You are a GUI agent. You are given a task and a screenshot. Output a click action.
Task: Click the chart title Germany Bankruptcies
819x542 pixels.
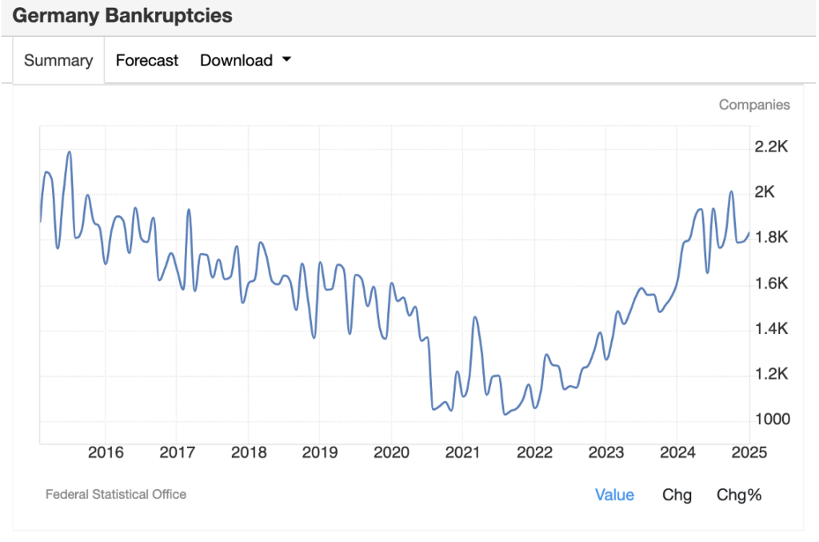[x=122, y=15]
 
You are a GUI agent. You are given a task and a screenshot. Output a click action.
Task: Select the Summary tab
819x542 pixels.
[x=58, y=60]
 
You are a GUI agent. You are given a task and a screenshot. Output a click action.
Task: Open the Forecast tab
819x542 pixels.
[x=147, y=60]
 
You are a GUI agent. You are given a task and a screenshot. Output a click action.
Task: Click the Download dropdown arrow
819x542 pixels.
[x=286, y=60]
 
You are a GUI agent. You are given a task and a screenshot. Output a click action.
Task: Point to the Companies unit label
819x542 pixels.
[x=753, y=105]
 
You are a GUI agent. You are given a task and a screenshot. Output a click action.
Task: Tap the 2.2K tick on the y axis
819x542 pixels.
[x=772, y=147]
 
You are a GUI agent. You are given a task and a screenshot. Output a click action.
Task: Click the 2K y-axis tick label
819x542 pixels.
[x=765, y=192]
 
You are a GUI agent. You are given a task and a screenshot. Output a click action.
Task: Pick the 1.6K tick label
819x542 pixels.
[x=772, y=283]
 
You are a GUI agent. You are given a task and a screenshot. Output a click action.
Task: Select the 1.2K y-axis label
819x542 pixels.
[x=772, y=374]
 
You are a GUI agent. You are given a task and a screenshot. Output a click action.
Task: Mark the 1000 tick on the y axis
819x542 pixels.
[x=772, y=420]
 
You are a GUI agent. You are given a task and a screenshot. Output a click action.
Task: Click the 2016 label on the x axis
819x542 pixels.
[x=106, y=452]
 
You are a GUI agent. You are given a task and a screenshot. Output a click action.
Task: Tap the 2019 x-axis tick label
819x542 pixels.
[x=320, y=452]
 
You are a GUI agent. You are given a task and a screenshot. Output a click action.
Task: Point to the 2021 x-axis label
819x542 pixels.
[x=463, y=452]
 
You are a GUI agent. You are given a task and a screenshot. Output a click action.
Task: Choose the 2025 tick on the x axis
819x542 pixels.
[x=749, y=452]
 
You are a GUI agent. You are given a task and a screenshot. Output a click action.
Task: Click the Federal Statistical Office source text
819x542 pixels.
[x=116, y=494]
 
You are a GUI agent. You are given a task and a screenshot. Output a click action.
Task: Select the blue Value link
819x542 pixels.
[x=614, y=495]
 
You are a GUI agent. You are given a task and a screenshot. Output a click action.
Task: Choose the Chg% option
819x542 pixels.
[x=739, y=495]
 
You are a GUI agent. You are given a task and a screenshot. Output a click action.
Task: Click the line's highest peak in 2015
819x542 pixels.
[x=70, y=152]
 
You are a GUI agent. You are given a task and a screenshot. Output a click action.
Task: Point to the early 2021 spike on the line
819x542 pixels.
[x=475, y=318]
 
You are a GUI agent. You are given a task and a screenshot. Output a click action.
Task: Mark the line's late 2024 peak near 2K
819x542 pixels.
[x=731, y=192]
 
